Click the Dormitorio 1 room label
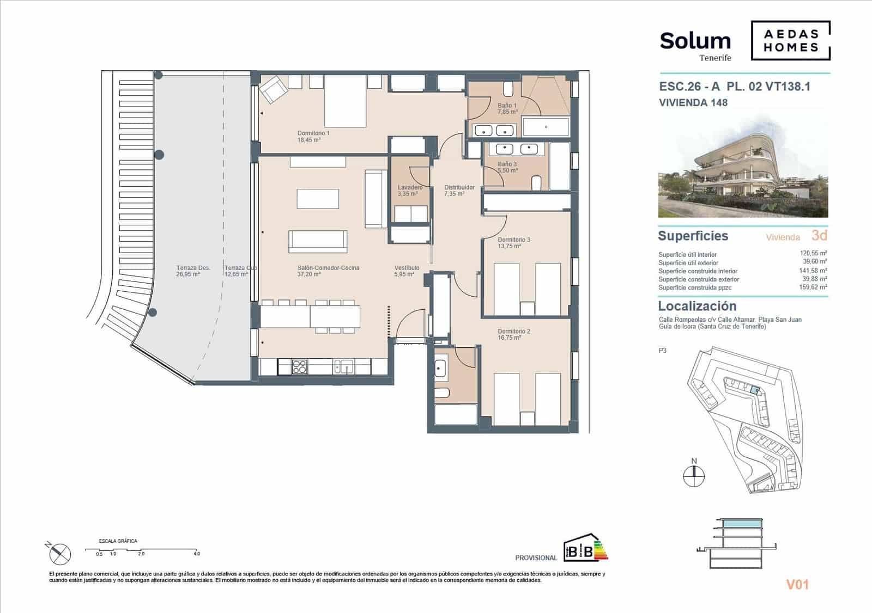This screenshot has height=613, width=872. coord(313,136)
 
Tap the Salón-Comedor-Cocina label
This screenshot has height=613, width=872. coord(328,271)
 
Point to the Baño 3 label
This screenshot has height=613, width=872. coord(507,167)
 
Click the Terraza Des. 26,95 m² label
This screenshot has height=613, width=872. coord(193,271)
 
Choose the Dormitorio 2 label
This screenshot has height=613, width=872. coord(513,334)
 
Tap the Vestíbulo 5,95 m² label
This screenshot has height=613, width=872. coord(407,271)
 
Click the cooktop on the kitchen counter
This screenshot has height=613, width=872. coord(299,367)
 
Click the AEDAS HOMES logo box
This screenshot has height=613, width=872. coord(791,41)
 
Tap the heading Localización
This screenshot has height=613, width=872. coord(697,306)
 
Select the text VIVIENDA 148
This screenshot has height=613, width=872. coord(693,102)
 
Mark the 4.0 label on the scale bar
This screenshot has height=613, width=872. coord(197,554)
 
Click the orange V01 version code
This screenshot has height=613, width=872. coord(797,585)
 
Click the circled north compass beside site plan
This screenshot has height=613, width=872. coord(694,477)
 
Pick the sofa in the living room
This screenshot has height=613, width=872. coord(318,241)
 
